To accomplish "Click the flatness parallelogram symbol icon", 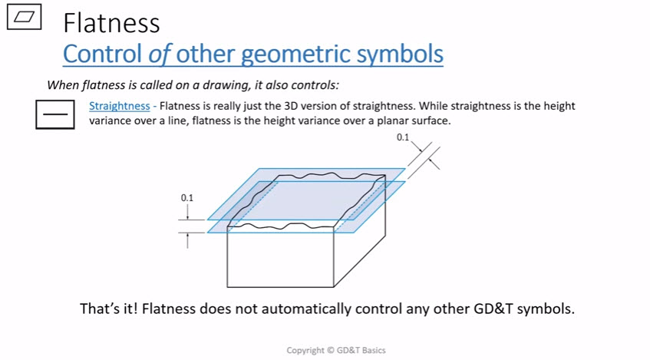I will pyautogui.click(x=25, y=19).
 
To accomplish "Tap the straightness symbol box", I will pyautogui.click(x=54, y=114).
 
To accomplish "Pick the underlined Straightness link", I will pyautogui.click(x=119, y=106).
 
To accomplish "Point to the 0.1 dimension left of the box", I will pyautogui.click(x=187, y=198).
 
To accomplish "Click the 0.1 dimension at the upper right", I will pyautogui.click(x=403, y=137).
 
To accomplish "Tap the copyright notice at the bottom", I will pyautogui.click(x=336, y=351).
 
